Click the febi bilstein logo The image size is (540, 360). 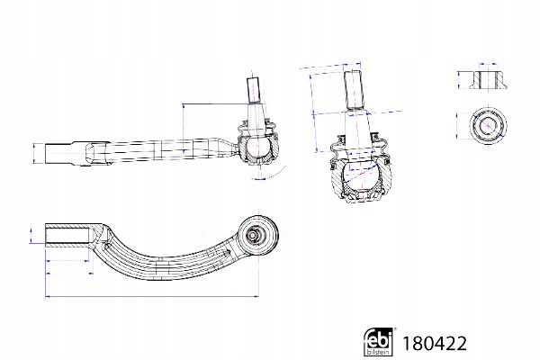tap(378, 342)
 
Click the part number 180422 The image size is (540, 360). tap(435, 344)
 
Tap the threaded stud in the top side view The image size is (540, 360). tap(253, 90)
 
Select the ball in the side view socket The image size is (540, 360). tap(258, 147)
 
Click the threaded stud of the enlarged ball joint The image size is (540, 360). tap(353, 90)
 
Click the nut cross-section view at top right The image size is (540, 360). tap(489, 80)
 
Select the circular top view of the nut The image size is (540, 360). tap(488, 125)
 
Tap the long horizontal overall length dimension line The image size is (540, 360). tap(152, 295)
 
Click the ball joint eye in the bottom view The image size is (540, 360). tap(258, 235)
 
